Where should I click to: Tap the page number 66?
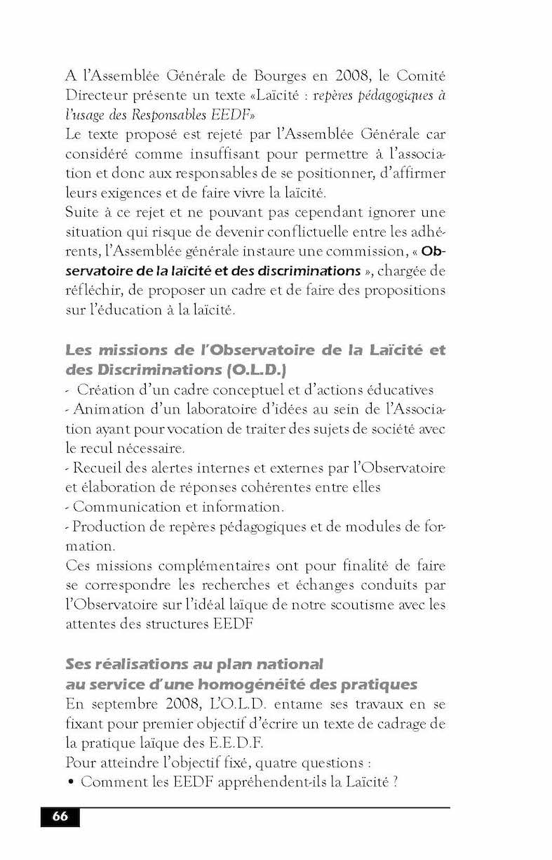tap(60, 816)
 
